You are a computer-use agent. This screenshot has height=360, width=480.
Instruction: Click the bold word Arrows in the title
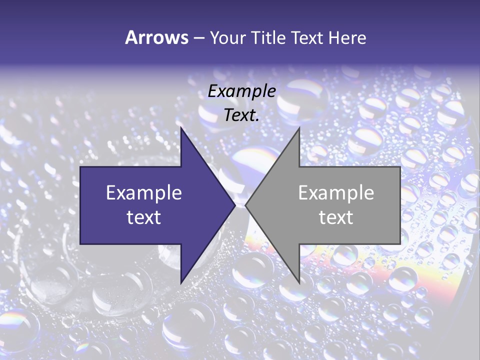click(156, 37)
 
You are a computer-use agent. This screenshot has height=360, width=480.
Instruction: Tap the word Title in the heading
click(267, 37)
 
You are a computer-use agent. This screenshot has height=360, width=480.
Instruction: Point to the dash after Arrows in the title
click(198, 38)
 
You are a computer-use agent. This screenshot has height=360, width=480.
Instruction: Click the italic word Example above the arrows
click(242, 91)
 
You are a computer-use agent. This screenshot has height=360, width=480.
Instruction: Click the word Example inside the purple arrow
click(144, 193)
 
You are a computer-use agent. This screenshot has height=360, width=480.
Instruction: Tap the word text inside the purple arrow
click(144, 217)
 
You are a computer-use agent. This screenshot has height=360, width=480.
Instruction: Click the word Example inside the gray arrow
click(336, 193)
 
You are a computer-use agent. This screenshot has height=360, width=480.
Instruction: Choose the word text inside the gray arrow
click(336, 217)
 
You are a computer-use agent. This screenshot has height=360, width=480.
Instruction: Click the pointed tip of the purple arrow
click(235, 205)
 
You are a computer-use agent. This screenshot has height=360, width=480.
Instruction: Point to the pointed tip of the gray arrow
click(245, 205)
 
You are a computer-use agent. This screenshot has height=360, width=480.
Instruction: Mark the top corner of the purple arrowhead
click(181, 128)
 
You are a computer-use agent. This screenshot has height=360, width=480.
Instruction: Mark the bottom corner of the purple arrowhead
click(181, 283)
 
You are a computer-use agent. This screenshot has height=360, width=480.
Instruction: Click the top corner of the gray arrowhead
click(299, 128)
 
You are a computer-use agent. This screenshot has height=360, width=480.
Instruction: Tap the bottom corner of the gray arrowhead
click(299, 283)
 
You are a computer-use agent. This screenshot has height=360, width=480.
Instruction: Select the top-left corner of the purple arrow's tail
click(80, 167)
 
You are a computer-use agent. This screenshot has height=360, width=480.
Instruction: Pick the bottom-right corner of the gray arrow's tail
click(400, 244)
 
